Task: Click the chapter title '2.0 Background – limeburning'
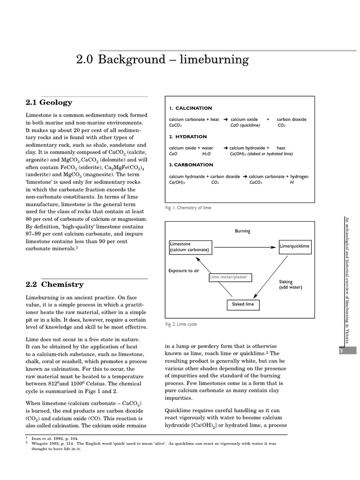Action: (162, 60)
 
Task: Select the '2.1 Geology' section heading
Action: (49, 102)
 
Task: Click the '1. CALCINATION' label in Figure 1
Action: (190, 108)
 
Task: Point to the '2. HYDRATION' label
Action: (187, 137)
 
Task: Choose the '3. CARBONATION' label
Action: (191, 165)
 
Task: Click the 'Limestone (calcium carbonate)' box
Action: (189, 247)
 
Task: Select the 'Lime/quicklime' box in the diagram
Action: (294, 246)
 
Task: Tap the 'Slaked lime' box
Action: (243, 304)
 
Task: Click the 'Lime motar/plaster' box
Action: (230, 277)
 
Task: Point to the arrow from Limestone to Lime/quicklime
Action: (245, 247)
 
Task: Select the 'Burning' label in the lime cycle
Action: (242, 231)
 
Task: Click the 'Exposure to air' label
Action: (183, 271)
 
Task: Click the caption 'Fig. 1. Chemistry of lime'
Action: (188, 208)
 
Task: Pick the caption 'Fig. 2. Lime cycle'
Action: (181, 324)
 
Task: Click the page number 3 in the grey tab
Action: (346, 351)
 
